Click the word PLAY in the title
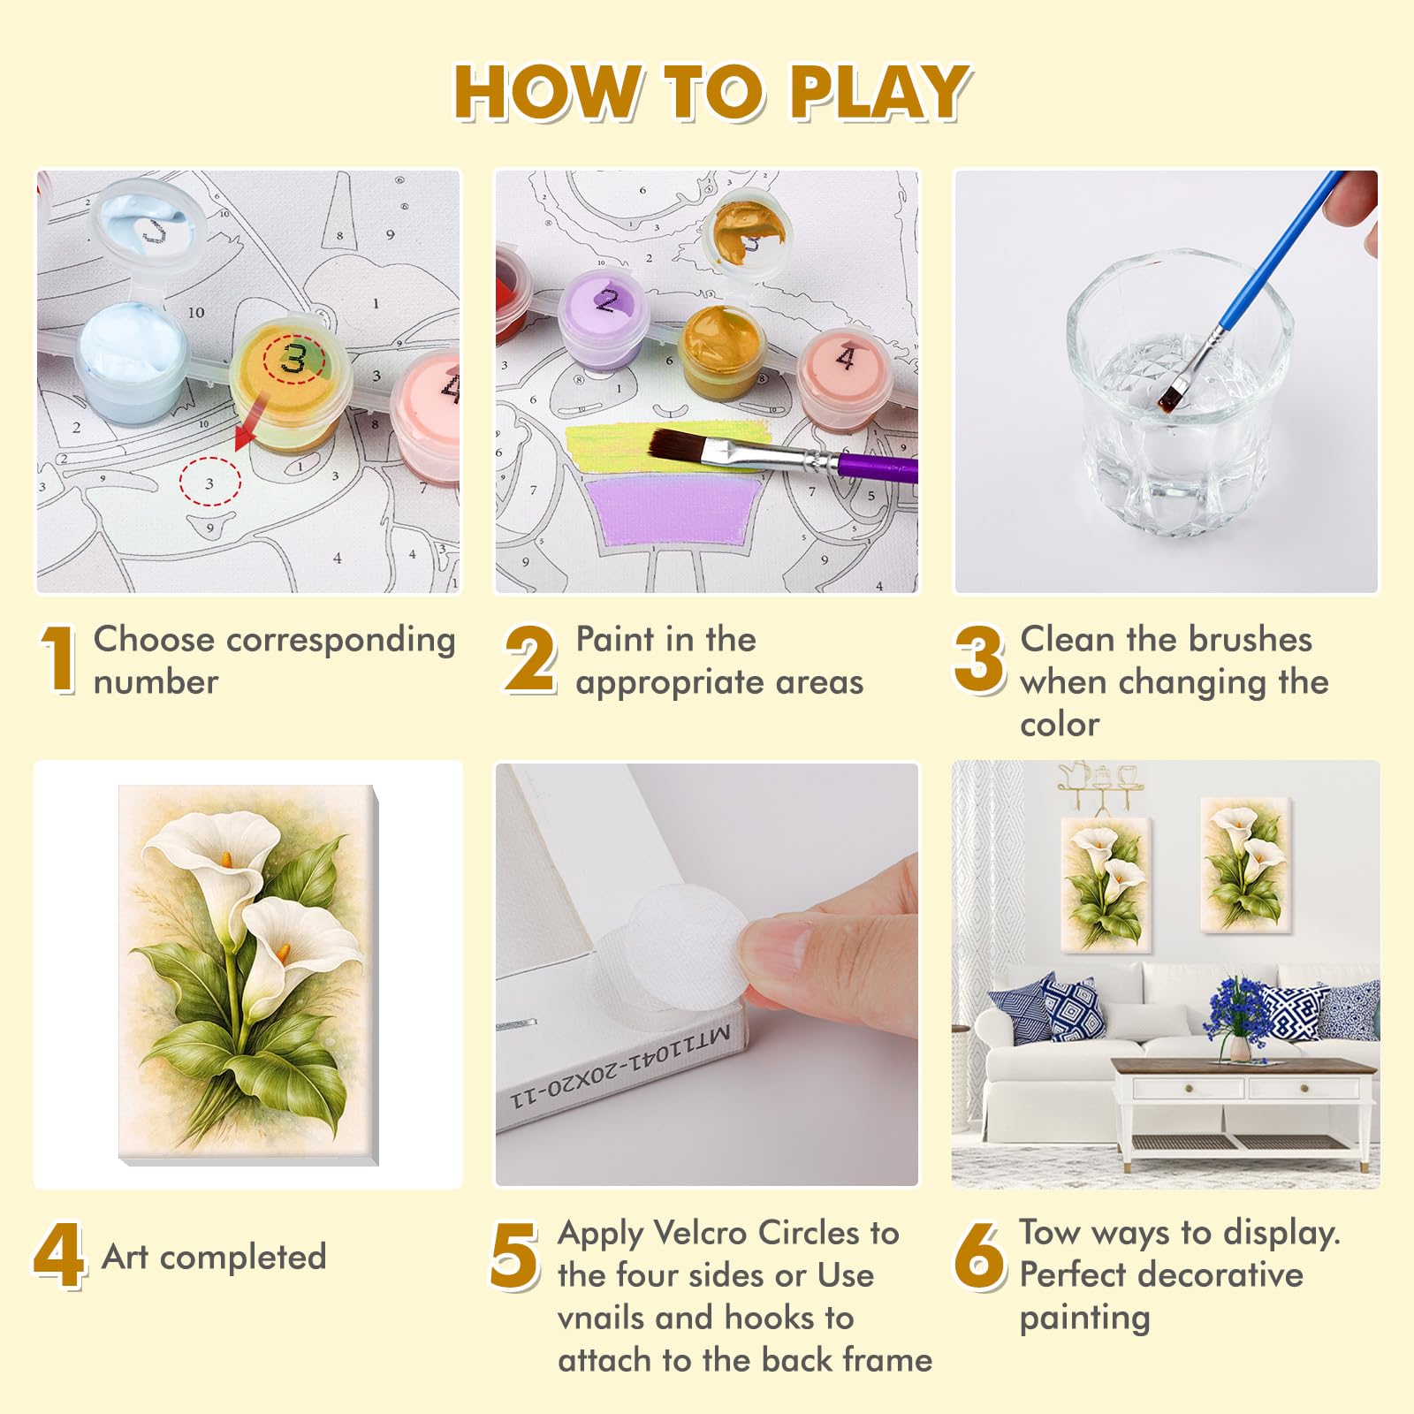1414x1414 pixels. (879, 92)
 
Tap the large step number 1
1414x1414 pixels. (58, 659)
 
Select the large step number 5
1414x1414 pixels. (514, 1256)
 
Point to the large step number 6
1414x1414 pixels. (979, 1256)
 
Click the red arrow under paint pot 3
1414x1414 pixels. (251, 422)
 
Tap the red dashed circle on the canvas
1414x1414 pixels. (209, 483)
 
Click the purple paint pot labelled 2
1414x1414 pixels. (604, 320)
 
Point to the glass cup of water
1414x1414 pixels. (1180, 393)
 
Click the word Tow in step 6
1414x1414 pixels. (1050, 1232)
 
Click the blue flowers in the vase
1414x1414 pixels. (1242, 1007)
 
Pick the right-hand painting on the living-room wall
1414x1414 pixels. (1246, 864)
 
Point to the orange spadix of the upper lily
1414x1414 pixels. (227, 859)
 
